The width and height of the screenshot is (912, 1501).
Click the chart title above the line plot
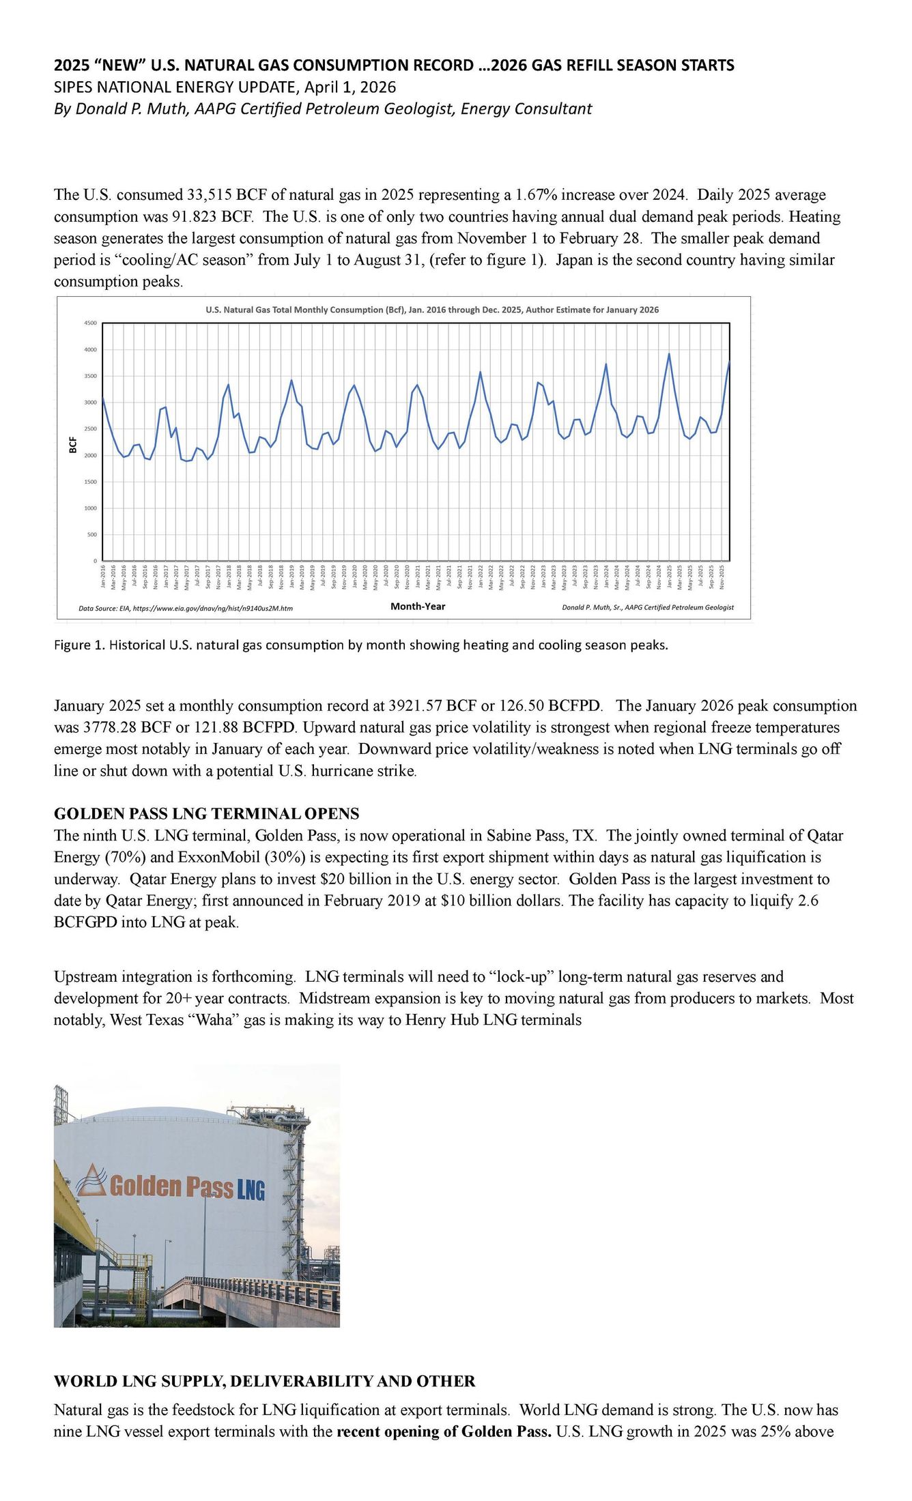pyautogui.click(x=432, y=310)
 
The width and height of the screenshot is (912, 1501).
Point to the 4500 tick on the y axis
pyautogui.click(x=91, y=323)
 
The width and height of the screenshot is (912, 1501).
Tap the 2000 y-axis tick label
pyautogui.click(x=91, y=455)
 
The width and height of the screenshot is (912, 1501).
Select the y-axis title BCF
pyautogui.click(x=73, y=445)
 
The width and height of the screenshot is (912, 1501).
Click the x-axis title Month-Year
pyautogui.click(x=417, y=606)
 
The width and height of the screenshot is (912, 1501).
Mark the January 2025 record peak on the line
pyautogui.click(x=669, y=354)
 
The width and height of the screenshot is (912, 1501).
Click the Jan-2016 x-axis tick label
pyautogui.click(x=103, y=577)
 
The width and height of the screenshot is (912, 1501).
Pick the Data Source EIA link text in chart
pyautogui.click(x=186, y=608)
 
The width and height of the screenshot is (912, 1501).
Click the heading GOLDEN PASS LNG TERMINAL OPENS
pyautogui.click(x=206, y=813)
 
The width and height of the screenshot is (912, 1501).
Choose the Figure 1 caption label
pyautogui.click(x=79, y=645)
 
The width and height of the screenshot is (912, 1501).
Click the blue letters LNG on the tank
pyautogui.click(x=251, y=1191)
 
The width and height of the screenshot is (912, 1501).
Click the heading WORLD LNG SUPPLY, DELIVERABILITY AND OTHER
pyautogui.click(x=264, y=1381)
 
